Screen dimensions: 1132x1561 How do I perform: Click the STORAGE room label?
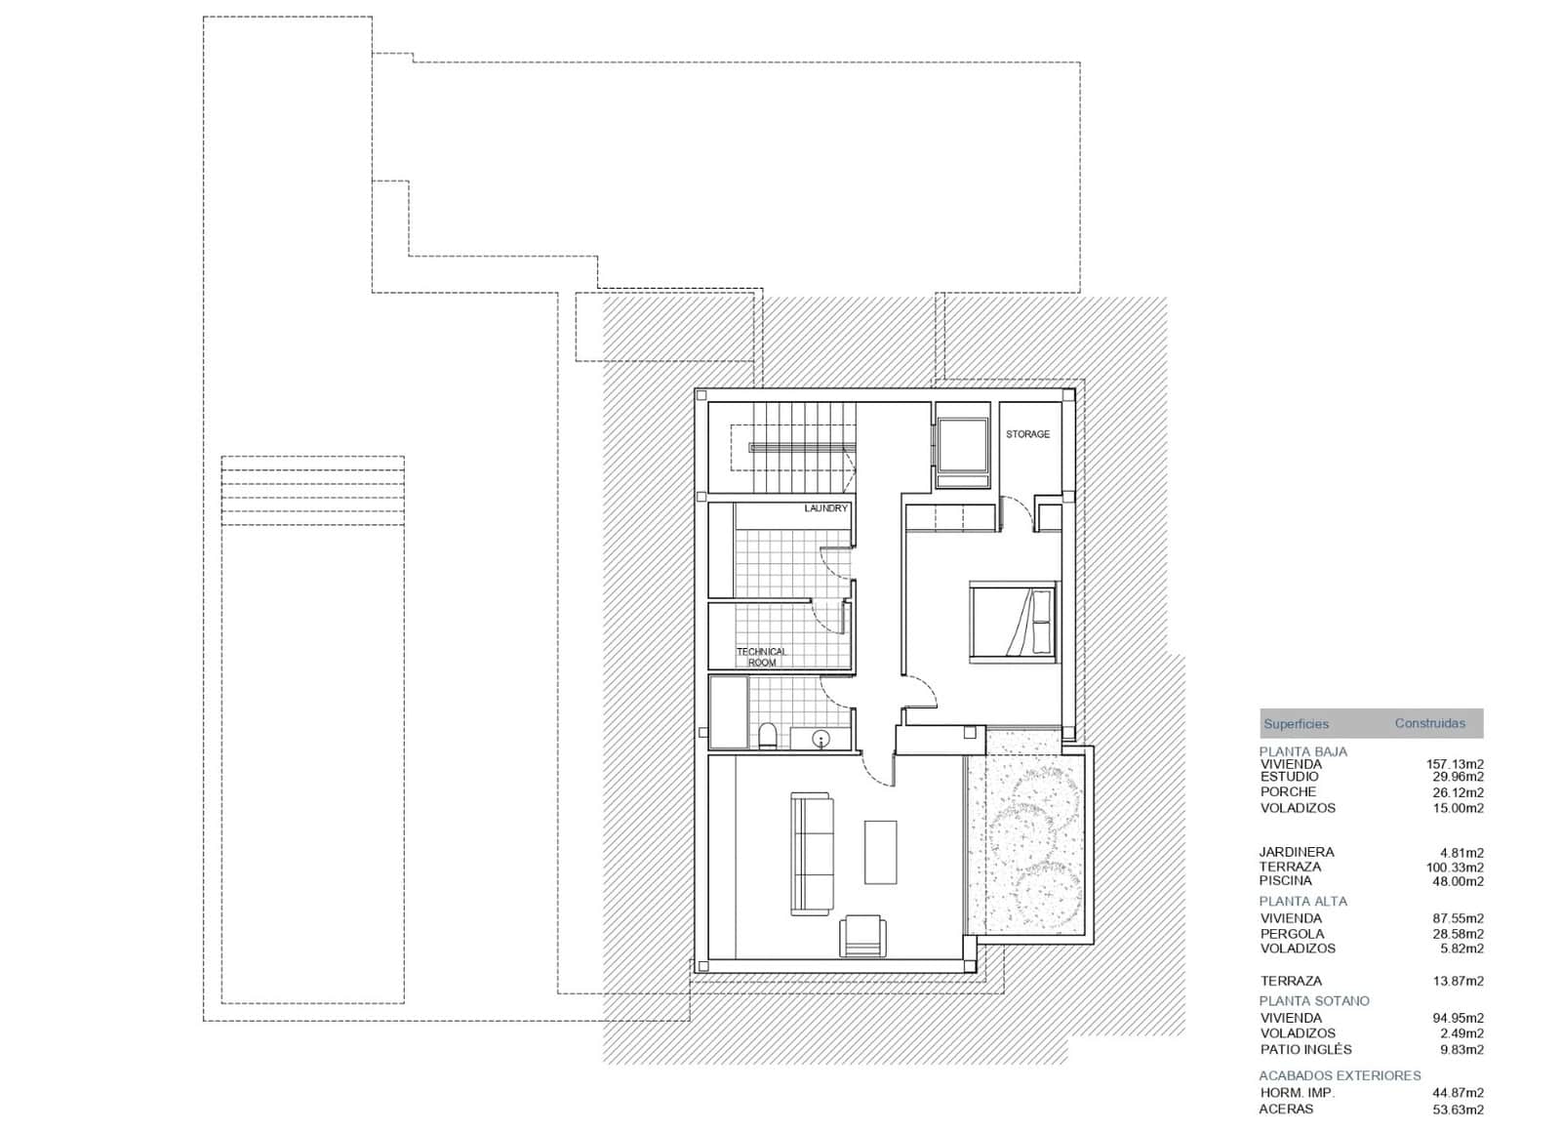click(x=1027, y=434)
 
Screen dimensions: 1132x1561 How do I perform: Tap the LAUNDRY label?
click(x=825, y=508)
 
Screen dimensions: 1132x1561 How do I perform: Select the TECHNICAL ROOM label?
click(x=761, y=657)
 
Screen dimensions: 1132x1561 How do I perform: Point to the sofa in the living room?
click(x=812, y=855)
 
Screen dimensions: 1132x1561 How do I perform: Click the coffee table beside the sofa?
click(x=880, y=852)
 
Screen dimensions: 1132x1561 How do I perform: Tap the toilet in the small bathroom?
click(x=768, y=735)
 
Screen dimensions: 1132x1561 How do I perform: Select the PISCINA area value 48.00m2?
click(x=1455, y=881)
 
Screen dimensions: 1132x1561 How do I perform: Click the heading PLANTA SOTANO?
click(x=1313, y=1001)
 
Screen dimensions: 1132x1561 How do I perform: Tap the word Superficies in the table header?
click(x=1296, y=724)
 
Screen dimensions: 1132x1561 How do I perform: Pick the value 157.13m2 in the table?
click(x=1455, y=764)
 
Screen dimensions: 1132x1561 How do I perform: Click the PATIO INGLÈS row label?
click(x=1305, y=1050)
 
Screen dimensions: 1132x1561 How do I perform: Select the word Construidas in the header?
click(x=1429, y=724)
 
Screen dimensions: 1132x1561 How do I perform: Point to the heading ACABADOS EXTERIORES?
click(x=1340, y=1075)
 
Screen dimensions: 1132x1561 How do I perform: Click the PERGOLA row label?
click(x=1292, y=934)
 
